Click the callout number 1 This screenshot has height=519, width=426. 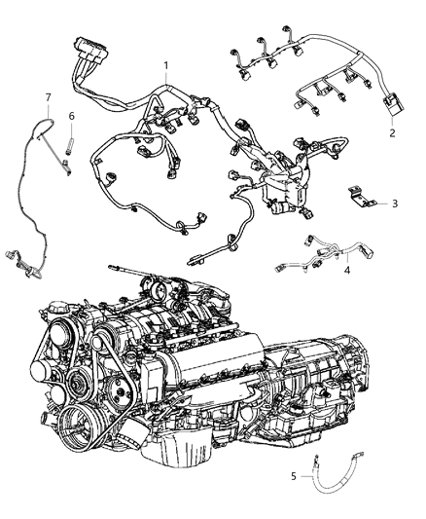[166, 65]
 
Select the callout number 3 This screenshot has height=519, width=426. [395, 204]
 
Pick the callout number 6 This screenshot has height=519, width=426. [72, 116]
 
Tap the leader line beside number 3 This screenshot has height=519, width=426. [379, 204]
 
